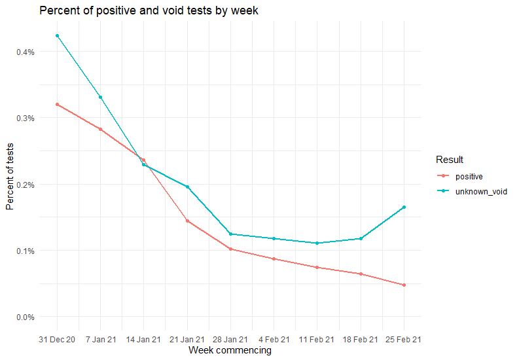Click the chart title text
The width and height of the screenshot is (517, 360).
[x=149, y=11]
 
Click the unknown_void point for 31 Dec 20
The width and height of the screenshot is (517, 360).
[x=57, y=35]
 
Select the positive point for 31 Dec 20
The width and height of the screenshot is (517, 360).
[x=57, y=104]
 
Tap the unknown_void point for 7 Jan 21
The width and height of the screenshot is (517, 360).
[x=100, y=97]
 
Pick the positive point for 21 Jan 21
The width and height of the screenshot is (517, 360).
[x=187, y=221]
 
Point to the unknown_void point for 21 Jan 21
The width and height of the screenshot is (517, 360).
[x=187, y=187]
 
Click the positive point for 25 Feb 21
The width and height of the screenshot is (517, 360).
[x=404, y=285]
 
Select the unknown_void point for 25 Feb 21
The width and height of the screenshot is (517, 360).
[x=404, y=207]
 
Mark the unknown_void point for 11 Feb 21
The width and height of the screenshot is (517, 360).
[x=317, y=243]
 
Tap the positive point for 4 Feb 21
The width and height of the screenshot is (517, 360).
[x=274, y=259]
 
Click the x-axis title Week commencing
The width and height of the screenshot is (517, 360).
[x=230, y=351]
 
